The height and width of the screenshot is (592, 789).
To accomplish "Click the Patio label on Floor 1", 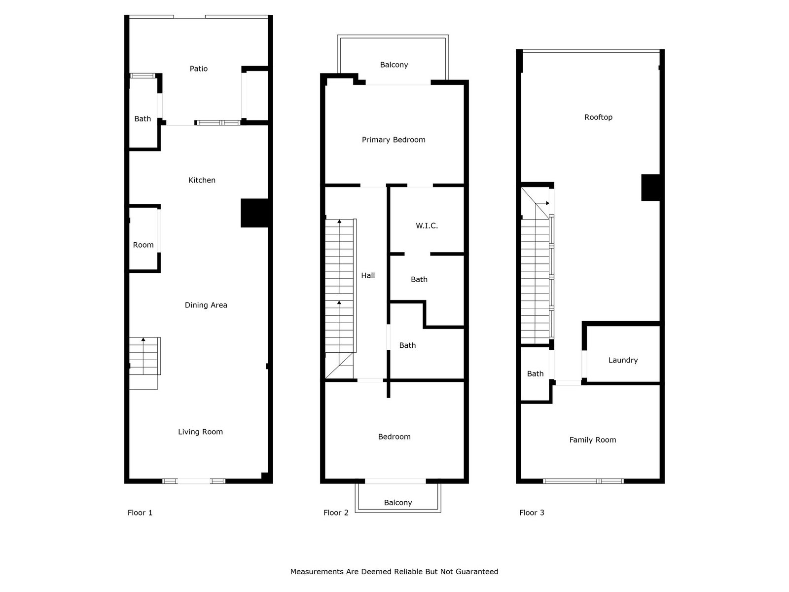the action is [x=198, y=69].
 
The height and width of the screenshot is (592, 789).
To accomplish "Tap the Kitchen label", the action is [x=202, y=180].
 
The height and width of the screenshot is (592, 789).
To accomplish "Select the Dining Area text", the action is [x=206, y=305].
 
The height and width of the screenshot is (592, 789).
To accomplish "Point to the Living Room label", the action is [x=200, y=432].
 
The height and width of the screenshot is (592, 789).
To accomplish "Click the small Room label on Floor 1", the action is [x=143, y=245].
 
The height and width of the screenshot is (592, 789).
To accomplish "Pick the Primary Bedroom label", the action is [x=394, y=140].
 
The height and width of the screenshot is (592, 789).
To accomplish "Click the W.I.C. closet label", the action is [x=427, y=226].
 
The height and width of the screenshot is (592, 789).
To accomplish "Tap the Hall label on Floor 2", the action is [x=368, y=275].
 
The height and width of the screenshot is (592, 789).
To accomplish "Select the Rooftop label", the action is [x=598, y=117].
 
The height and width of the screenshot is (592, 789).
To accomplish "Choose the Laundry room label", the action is [x=623, y=360].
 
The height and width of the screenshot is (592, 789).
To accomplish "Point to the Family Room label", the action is [x=592, y=440].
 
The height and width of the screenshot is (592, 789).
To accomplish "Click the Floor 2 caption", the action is [x=336, y=513].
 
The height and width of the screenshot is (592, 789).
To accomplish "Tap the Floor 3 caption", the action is [x=532, y=513].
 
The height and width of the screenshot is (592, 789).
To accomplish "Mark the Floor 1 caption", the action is [x=140, y=513].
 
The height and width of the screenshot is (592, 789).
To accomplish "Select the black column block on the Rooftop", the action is [x=650, y=187].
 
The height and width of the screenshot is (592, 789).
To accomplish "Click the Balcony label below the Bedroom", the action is [x=398, y=503].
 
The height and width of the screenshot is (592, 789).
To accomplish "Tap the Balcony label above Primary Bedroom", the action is [x=394, y=65].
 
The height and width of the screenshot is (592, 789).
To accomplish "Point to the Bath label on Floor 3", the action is [x=535, y=374].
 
